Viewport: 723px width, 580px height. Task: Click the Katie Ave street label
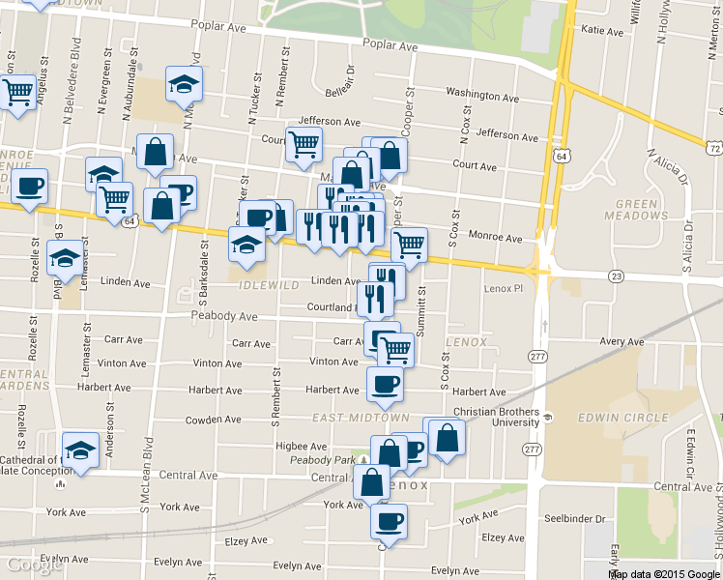[x=602, y=31]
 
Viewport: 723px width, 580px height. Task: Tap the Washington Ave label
[x=483, y=94]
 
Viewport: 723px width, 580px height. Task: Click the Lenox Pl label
[x=503, y=289]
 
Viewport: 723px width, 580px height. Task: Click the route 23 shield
[x=616, y=275]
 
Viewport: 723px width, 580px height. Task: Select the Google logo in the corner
[x=34, y=565]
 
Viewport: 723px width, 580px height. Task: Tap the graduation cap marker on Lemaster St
[x=65, y=258]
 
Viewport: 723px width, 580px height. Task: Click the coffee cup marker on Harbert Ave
[x=385, y=384]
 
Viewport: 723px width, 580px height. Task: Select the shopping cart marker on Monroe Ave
[x=408, y=245]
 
